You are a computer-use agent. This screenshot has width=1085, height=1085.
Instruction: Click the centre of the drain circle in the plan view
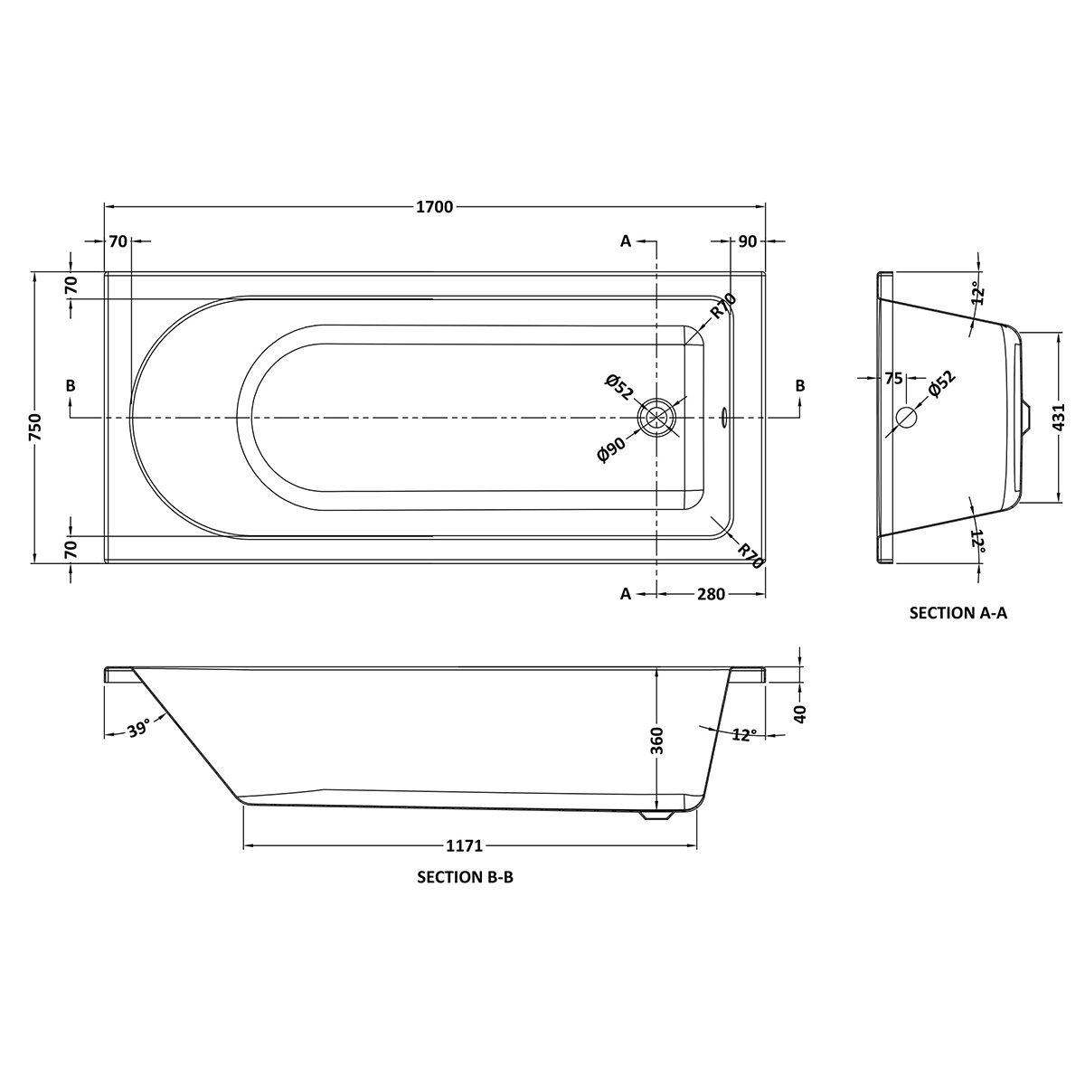click(x=656, y=417)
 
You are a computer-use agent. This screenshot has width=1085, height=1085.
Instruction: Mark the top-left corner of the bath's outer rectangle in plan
click(x=105, y=272)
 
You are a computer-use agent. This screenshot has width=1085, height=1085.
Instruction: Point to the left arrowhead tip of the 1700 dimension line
click(x=105, y=207)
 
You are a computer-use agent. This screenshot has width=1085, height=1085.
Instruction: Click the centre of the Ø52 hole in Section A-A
click(x=907, y=417)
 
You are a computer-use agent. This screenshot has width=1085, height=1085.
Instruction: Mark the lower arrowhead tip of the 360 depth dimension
click(x=656, y=809)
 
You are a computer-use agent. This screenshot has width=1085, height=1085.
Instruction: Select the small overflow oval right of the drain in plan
click(x=724, y=417)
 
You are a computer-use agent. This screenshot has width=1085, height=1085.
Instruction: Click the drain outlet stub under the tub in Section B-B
click(x=656, y=816)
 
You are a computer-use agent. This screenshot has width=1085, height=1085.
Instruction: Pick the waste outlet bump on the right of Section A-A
click(x=1026, y=417)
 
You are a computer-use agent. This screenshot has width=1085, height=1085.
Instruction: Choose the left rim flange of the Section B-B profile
click(x=118, y=674)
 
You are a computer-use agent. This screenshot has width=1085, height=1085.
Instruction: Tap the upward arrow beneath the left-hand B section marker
click(x=70, y=407)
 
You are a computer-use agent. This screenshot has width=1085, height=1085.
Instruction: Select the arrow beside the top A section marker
click(x=647, y=241)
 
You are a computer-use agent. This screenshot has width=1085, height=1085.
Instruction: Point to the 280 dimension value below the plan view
click(x=711, y=593)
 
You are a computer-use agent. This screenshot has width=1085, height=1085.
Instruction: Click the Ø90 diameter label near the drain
click(x=611, y=448)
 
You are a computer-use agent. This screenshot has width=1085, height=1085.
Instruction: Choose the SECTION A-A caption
click(x=958, y=613)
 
